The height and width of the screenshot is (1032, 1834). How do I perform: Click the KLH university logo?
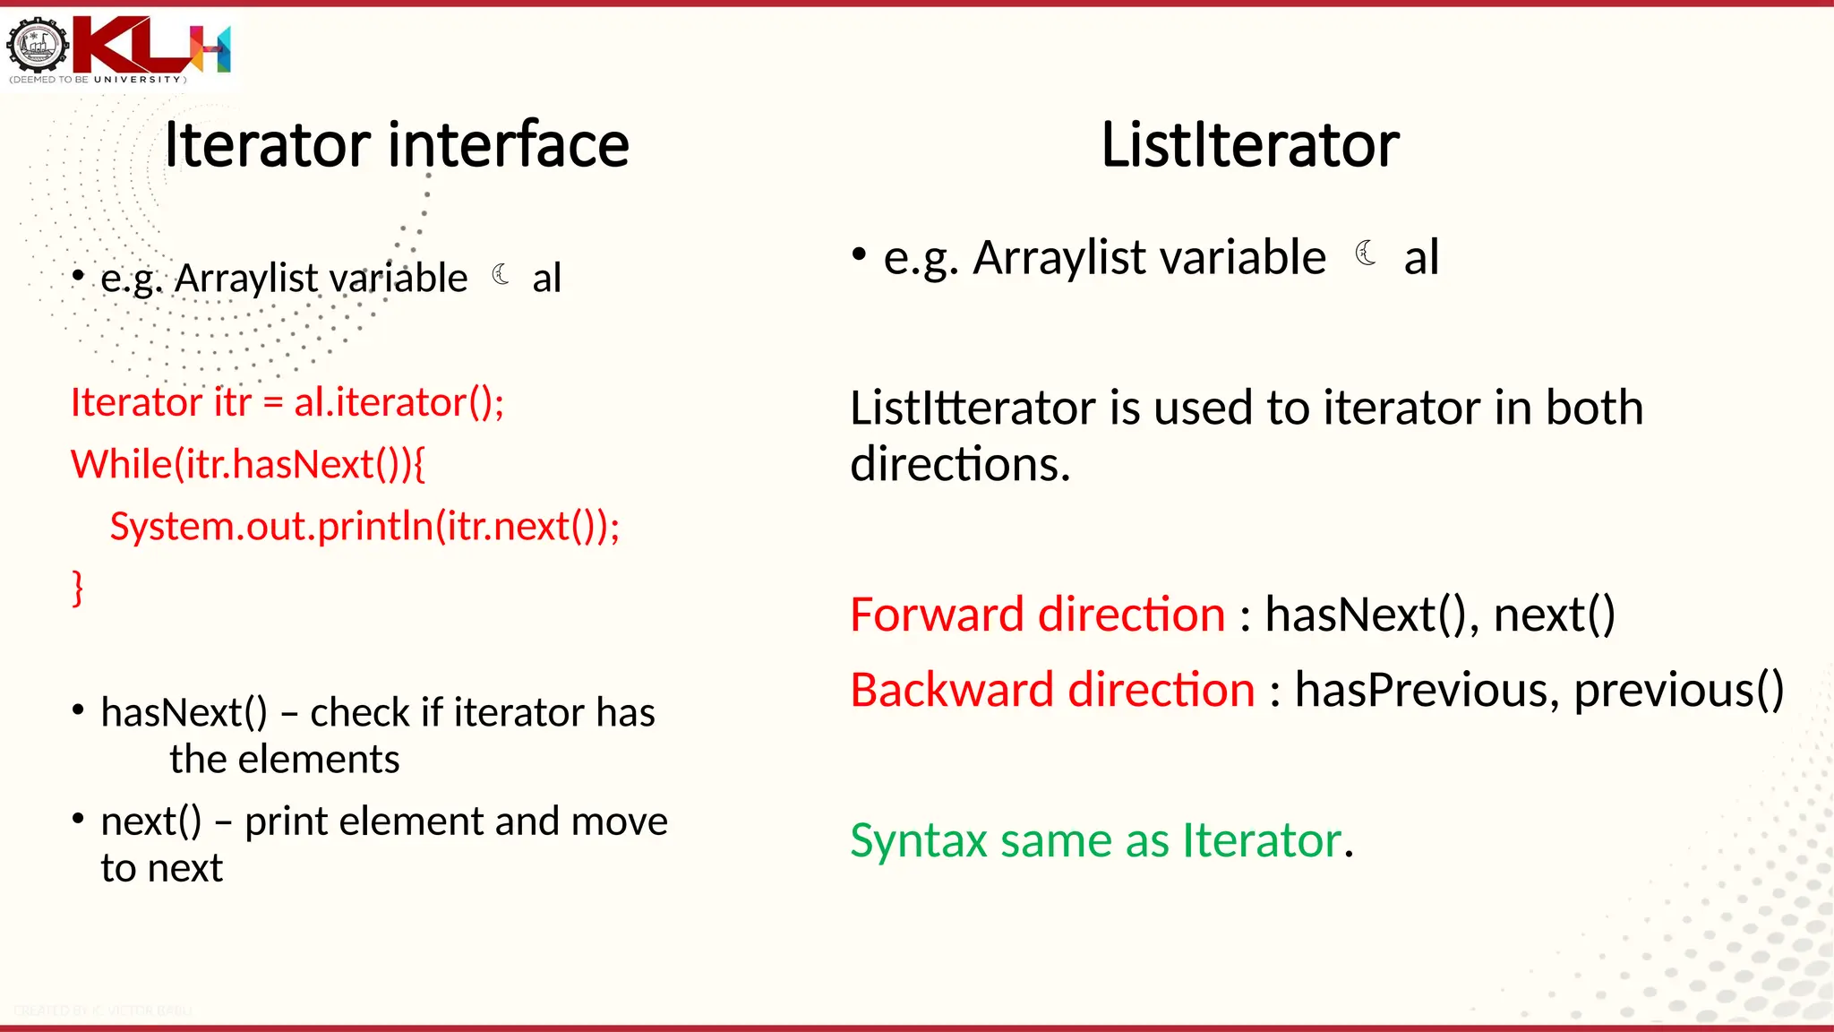tap(118, 48)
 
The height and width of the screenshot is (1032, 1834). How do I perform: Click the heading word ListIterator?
tap(1249, 145)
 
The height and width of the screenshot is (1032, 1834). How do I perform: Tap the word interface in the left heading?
tap(509, 145)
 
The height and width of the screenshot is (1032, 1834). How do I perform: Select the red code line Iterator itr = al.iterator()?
tap(287, 402)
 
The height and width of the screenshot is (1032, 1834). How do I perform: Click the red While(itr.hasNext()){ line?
tap(248, 464)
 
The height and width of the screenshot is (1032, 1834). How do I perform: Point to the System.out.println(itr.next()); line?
tap(364, 526)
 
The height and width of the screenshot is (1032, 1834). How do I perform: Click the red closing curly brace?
tap(78, 589)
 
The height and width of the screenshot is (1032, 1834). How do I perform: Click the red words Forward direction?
tap(1037, 615)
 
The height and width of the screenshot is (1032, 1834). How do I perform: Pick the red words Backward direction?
tap(1052, 690)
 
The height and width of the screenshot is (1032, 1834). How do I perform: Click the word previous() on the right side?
tap(1678, 690)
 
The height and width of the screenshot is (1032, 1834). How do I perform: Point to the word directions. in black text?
tap(959, 465)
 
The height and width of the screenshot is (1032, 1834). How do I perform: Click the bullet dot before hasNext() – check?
tap(79, 710)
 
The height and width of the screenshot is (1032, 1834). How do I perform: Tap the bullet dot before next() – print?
tap(79, 819)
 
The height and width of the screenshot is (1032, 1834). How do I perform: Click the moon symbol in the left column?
tap(501, 274)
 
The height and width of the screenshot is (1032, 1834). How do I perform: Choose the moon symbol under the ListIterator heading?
tap(1365, 254)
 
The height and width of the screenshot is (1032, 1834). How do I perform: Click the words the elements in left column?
tap(285, 760)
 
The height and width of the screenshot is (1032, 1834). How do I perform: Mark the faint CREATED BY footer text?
tap(103, 1010)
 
